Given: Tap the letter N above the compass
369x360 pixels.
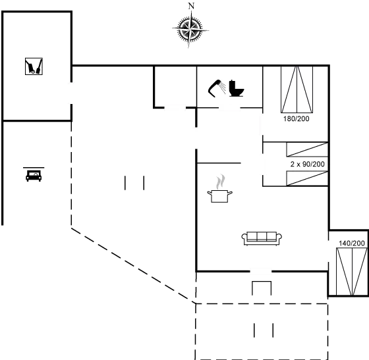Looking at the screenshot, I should (x=191, y=5).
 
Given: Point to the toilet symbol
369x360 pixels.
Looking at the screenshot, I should (x=238, y=86).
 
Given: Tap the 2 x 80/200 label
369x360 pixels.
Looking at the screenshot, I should (x=307, y=164).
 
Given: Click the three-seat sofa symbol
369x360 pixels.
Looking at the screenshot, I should (x=262, y=238).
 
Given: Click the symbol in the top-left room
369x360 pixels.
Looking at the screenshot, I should (x=34, y=65).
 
